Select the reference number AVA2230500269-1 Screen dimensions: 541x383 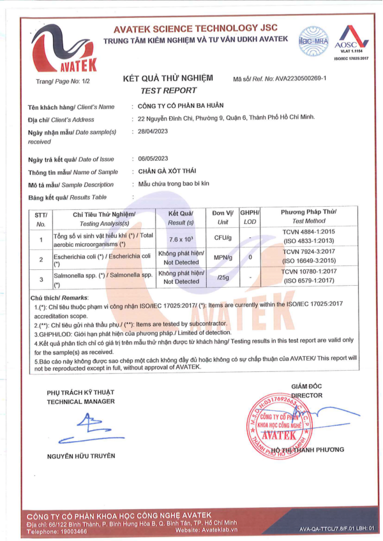301,78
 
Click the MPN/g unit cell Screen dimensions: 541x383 223,258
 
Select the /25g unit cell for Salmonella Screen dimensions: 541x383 223,277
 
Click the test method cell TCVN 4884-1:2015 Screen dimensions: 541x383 303,233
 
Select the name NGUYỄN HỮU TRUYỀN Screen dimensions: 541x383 81,456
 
